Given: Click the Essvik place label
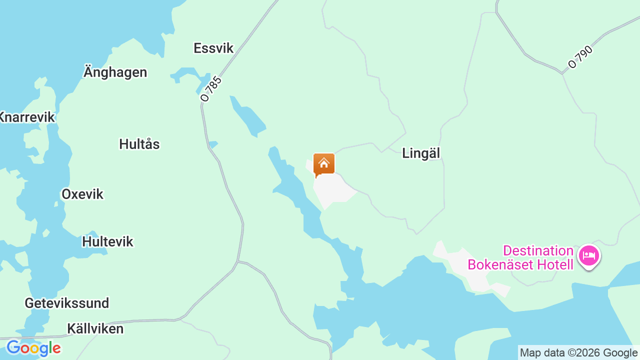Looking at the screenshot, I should tap(213, 48).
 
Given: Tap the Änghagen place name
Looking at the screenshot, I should tap(115, 72).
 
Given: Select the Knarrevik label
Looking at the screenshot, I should tap(27, 117).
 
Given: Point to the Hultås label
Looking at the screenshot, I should tap(139, 144).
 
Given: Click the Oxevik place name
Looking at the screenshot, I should tap(82, 194).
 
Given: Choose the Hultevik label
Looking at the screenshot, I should tap(107, 241).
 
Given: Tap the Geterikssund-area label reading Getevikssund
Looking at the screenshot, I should tap(66, 303).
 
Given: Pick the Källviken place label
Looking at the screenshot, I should tap(95, 328).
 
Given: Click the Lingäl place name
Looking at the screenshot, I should tap(421, 153).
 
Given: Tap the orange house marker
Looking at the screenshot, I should tap(324, 164).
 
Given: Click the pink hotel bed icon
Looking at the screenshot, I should tap(588, 256).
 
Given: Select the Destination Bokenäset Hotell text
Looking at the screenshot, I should tap(520, 257).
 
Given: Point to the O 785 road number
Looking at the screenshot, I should tap(210, 89).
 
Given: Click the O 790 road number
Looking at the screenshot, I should tap(580, 57).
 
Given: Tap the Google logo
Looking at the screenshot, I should tap(33, 348).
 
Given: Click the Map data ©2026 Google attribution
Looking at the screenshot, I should tap(578, 352).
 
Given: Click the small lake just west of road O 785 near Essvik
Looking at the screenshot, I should tap(185, 74).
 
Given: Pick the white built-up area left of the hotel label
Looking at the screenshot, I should tap(460, 265).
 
